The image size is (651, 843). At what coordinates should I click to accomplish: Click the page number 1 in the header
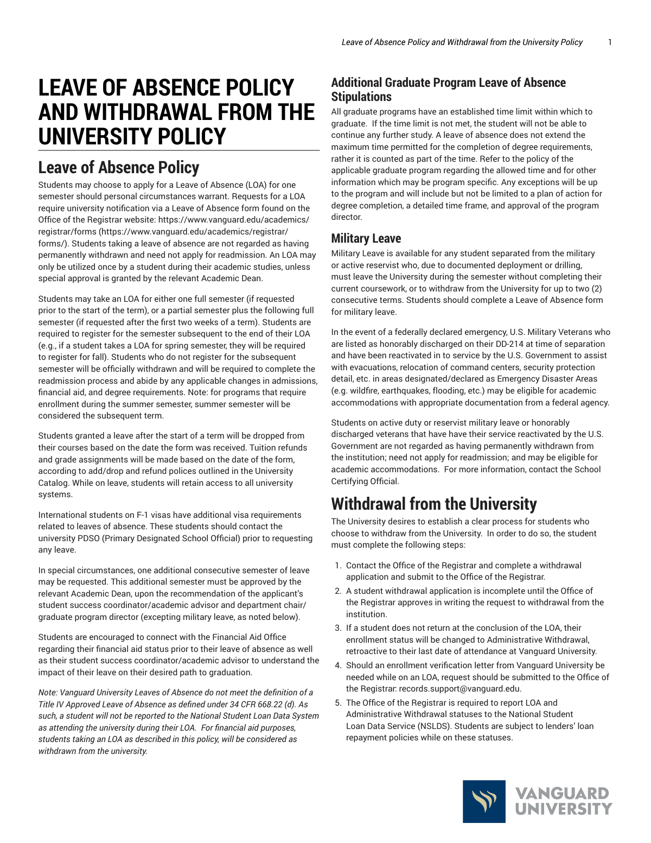point(610,42)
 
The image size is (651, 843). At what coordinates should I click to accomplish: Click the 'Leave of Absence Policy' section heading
point(119,168)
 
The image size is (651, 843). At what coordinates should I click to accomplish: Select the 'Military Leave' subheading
point(366,238)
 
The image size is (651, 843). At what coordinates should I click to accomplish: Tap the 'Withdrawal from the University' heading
point(434,504)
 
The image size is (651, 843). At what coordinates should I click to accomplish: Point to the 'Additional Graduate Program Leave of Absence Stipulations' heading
point(448,90)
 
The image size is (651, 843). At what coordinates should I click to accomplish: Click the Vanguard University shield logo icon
point(484,801)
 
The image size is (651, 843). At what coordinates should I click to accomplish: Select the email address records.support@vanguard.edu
point(460,689)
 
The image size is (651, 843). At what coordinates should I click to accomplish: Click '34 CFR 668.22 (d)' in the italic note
point(263,705)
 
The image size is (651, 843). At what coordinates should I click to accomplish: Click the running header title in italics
point(462,42)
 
